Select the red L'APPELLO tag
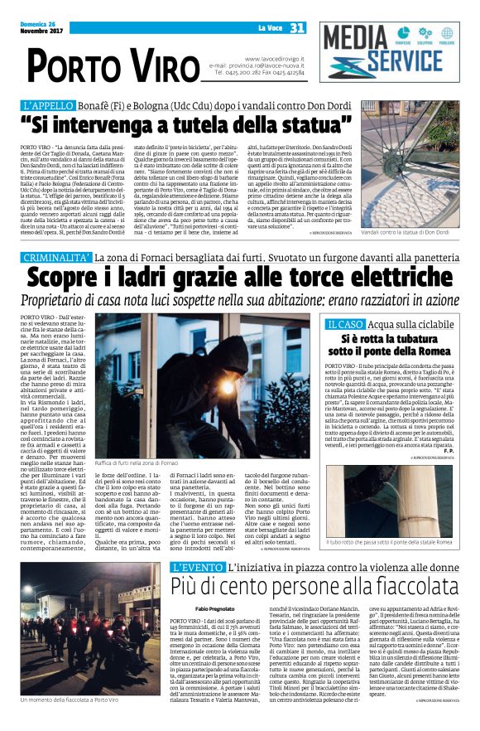52,106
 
